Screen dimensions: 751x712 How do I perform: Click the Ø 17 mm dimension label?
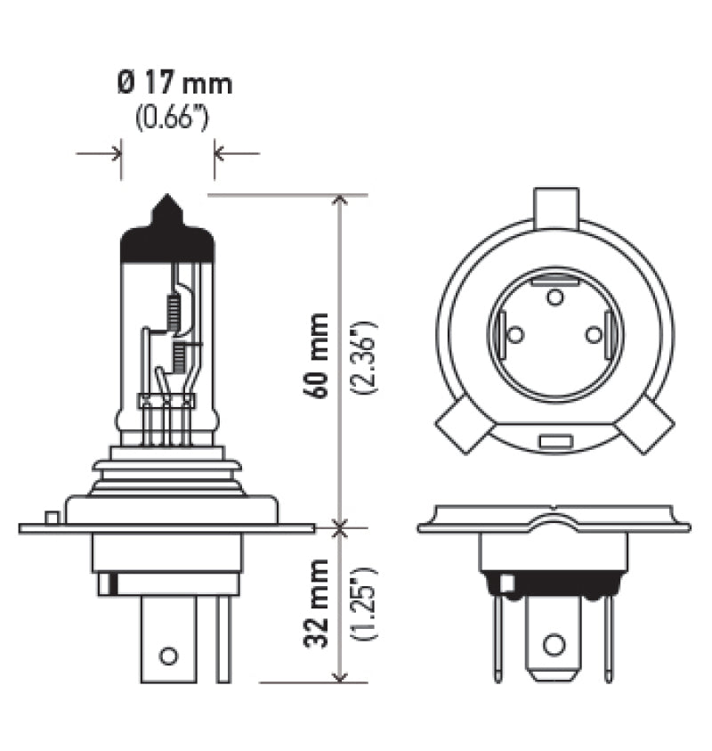[174, 85]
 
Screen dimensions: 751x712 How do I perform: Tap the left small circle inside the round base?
[514, 334]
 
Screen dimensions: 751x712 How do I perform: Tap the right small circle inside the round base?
[594, 334]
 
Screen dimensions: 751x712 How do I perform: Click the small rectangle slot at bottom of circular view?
[554, 440]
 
